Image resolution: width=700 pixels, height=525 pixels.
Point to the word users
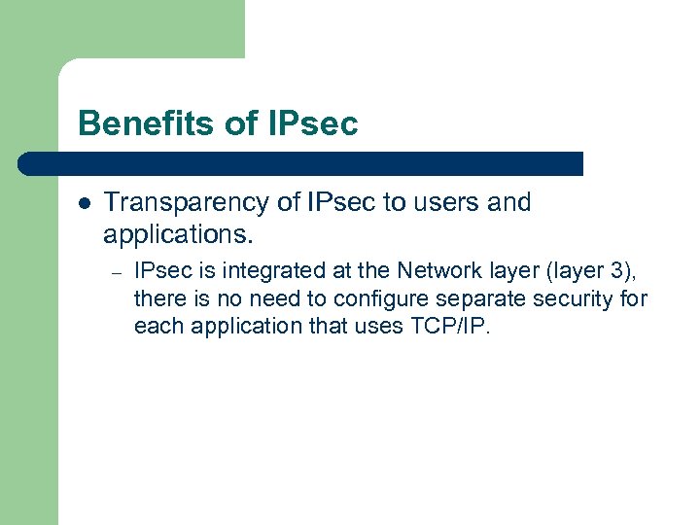(440, 202)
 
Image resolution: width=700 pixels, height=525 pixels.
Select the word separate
(474, 298)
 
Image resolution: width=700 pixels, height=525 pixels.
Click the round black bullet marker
(84, 203)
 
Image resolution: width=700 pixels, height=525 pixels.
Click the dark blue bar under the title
(301, 163)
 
